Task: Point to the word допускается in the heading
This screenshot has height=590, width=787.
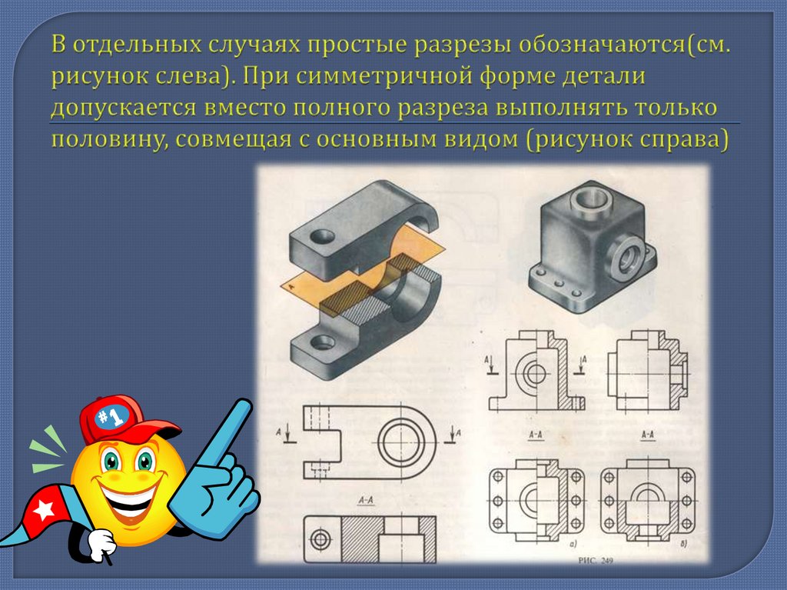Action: click(124, 108)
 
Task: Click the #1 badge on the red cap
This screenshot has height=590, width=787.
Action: click(111, 416)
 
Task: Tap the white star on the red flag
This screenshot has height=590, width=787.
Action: click(44, 511)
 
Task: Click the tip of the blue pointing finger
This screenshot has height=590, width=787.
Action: click(244, 405)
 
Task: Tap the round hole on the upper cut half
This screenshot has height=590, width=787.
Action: click(322, 235)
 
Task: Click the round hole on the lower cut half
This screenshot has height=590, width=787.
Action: click(323, 343)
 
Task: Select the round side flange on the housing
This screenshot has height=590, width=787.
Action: click(626, 258)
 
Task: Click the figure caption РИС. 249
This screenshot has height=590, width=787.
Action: click(596, 560)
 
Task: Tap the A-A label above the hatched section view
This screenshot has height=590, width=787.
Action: click(366, 500)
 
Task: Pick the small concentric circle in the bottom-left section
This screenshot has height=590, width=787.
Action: click(320, 540)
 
